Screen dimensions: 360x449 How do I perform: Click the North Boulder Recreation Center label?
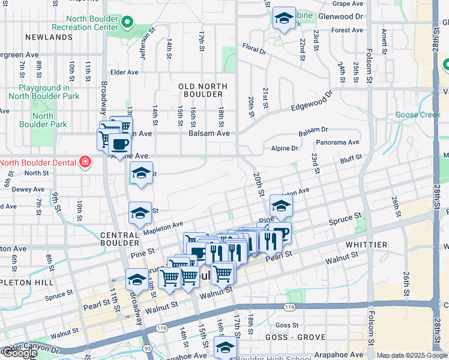[85, 23]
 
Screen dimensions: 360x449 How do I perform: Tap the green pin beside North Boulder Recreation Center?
[127, 23]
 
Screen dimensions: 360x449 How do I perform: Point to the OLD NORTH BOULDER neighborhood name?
[200, 91]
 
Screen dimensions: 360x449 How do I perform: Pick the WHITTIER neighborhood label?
[366, 245]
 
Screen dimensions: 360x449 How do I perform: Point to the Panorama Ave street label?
[339, 142]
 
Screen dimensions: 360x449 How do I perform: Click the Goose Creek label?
[417, 115]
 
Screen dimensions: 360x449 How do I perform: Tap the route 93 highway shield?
[148, 347]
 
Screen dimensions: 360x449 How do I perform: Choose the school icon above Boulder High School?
[225, 347]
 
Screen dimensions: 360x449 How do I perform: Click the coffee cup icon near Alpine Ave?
[119, 144]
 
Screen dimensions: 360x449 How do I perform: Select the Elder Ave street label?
[125, 72]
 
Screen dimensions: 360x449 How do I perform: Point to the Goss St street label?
[282, 325]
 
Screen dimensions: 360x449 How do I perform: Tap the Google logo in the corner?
[19, 352]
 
